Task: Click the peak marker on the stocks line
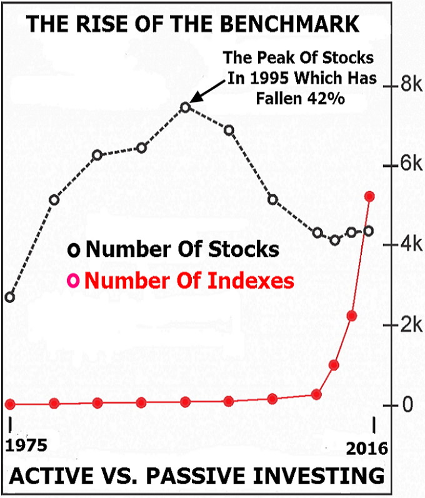185,107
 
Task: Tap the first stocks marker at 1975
9,297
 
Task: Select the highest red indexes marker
369,196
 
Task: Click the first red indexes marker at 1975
9,404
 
